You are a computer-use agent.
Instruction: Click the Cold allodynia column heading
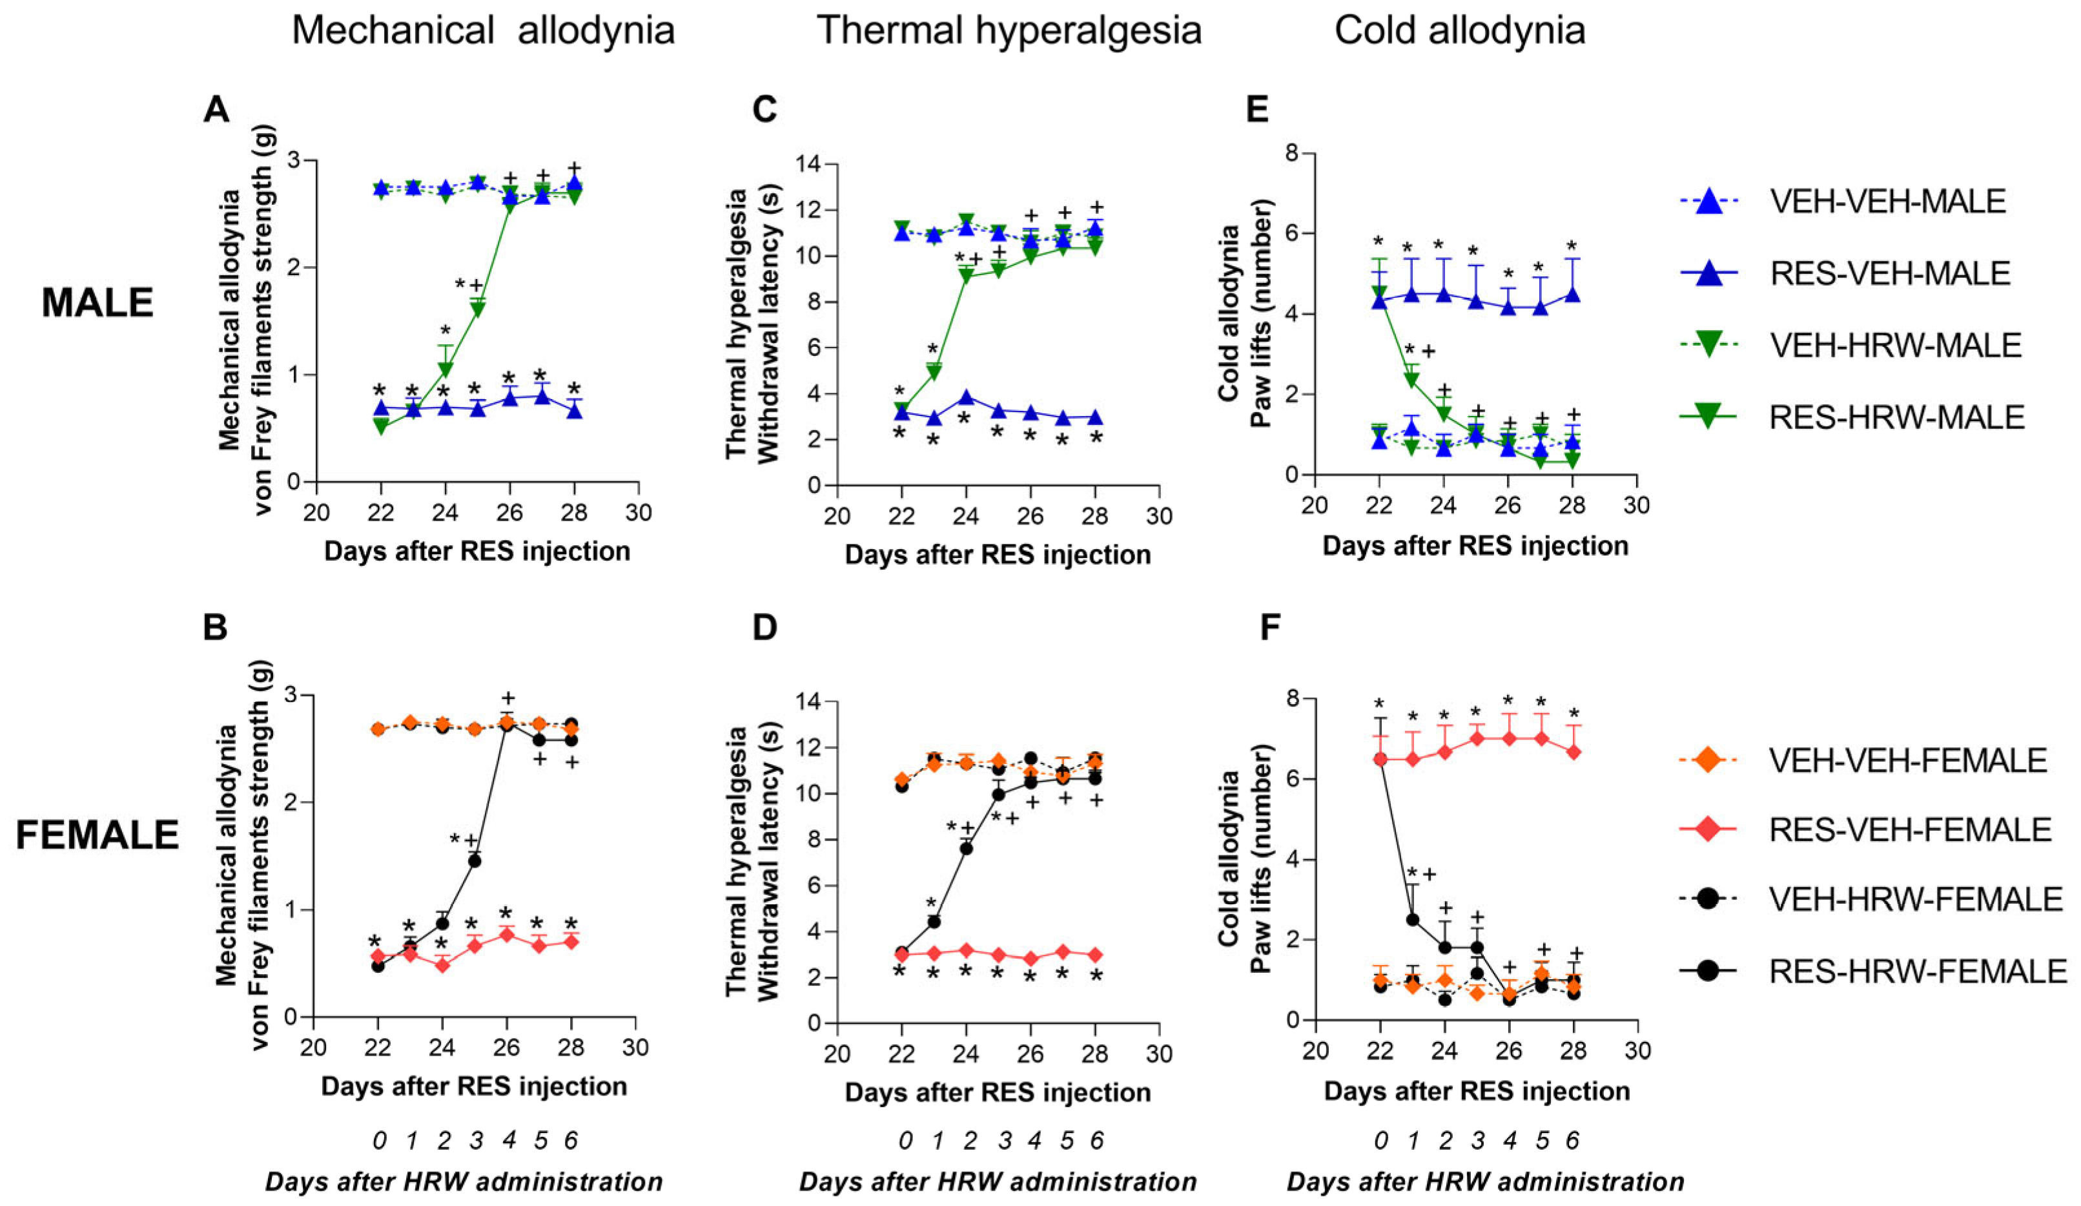(x=1460, y=30)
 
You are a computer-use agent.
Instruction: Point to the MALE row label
(x=97, y=303)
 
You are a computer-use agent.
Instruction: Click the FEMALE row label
(x=97, y=835)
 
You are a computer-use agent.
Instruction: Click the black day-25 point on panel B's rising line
(x=475, y=860)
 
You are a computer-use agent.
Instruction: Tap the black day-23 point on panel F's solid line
(x=1412, y=919)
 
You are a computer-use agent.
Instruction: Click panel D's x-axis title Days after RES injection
(x=998, y=1092)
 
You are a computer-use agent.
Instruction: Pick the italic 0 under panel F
(x=1380, y=1141)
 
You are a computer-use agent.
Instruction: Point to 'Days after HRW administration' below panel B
(x=464, y=1182)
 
